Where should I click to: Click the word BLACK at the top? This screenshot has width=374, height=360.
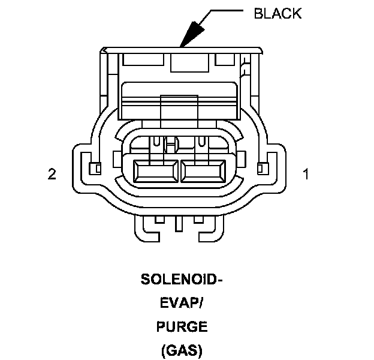pos(278,13)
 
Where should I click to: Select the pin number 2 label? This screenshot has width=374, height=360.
pos(52,175)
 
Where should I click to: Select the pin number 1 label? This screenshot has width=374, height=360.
pos(306,175)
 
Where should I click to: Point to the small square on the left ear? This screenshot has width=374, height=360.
pos(93,167)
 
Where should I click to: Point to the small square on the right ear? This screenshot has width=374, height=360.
pos(261,167)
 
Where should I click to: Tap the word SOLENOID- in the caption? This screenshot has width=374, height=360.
pos(182,280)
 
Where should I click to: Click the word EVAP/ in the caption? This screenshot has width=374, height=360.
pos(182,304)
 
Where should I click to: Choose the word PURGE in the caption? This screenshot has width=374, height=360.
pos(182,327)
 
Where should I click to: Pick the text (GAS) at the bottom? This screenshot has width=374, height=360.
pos(182,350)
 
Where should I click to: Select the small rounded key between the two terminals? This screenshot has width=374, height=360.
pos(172,144)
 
